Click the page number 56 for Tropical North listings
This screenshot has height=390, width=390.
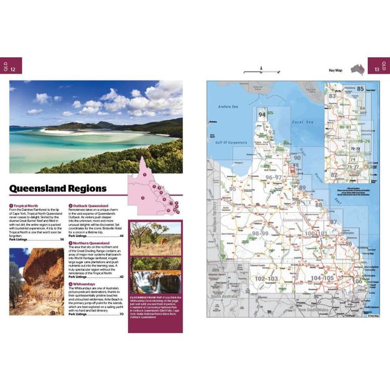[x=62, y=239]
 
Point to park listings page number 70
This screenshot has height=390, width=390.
[x=122, y=314]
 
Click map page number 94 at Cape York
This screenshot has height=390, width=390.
[x=262, y=115]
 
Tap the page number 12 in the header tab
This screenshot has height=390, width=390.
[x=13, y=69]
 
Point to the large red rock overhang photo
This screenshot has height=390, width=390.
[x=36, y=281]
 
